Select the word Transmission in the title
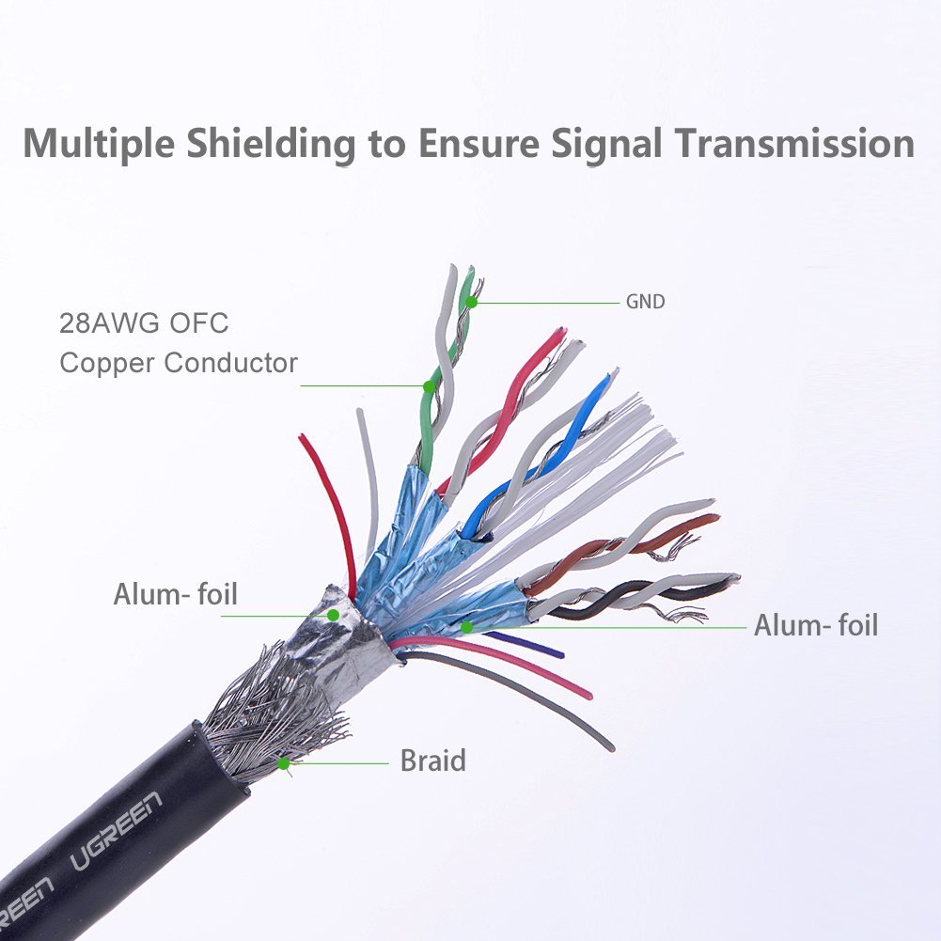(x=794, y=143)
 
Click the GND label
(x=645, y=303)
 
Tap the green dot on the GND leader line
(x=472, y=302)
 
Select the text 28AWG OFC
(x=144, y=324)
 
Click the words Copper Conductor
(x=179, y=363)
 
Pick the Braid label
(x=432, y=760)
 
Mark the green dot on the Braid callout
(x=284, y=763)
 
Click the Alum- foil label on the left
(x=175, y=594)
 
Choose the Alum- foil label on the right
(x=815, y=625)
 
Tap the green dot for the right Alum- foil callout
(x=466, y=626)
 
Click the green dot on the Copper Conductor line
(x=429, y=386)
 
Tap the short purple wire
(x=526, y=645)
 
